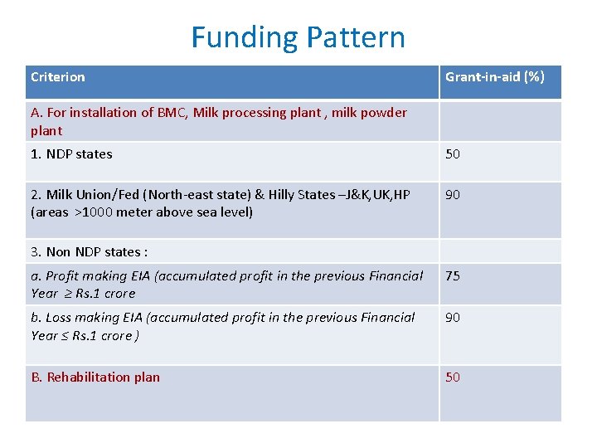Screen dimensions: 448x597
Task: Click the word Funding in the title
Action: [244, 38]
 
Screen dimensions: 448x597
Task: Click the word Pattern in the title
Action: [356, 38]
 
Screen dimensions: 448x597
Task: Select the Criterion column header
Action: [57, 77]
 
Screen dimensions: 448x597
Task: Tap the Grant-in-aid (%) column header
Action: [494, 77]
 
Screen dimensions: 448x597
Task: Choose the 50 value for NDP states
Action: [453, 154]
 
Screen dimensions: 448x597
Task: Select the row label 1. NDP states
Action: [71, 154]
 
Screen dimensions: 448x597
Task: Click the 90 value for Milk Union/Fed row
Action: [453, 195]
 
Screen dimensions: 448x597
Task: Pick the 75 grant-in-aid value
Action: [453, 276]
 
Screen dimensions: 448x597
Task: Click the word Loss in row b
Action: [61, 318]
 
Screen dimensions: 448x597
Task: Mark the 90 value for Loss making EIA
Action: [453, 318]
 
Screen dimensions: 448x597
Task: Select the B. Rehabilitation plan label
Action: [95, 377]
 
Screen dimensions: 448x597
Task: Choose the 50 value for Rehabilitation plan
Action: [453, 377]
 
